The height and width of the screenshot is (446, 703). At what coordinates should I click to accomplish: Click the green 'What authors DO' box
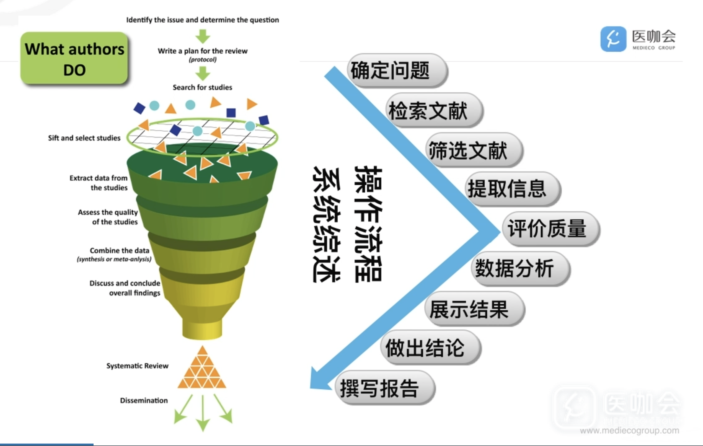74,58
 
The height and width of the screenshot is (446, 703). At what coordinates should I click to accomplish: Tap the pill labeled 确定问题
397,70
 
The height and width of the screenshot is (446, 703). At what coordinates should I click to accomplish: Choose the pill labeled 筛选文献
474,150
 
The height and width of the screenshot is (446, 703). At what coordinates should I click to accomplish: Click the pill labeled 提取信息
513,189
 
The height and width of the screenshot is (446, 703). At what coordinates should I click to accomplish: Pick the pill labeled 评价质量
550,229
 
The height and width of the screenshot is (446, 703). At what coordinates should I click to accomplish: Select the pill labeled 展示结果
475,309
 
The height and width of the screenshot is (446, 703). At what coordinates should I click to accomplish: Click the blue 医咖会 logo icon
613,39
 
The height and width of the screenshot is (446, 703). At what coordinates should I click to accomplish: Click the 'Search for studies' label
202,87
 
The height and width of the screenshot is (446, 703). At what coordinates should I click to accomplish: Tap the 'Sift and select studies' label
84,138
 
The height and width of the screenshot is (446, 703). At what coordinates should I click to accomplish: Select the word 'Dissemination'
144,400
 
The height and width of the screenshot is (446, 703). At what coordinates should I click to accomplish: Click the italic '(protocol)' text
203,59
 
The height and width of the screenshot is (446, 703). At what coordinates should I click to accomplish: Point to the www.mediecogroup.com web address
629,430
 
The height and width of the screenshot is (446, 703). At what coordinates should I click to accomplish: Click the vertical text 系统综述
326,225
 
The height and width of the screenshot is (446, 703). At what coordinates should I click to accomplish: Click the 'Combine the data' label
119,250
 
